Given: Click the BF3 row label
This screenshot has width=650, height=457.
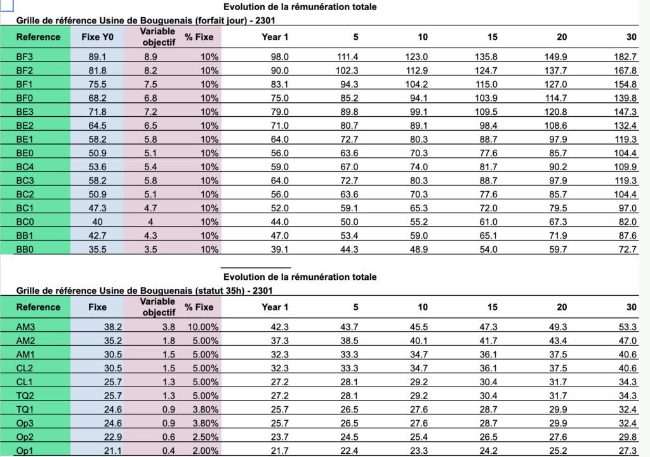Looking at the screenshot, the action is [25, 57].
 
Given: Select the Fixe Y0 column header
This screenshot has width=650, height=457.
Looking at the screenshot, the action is [97, 37].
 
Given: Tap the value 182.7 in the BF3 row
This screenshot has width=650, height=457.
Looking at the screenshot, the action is [625, 57].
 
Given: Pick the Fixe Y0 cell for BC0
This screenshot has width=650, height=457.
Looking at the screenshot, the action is [97, 222].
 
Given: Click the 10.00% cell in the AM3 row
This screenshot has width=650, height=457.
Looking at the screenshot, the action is [203, 327].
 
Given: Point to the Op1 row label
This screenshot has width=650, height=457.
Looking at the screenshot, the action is [25, 451].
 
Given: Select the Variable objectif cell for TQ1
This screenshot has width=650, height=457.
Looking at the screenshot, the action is [169, 409].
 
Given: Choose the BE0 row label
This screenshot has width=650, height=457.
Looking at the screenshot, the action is [25, 153].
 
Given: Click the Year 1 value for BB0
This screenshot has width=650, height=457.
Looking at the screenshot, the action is [280, 249].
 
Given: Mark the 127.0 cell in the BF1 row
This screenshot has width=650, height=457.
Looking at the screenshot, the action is [555, 84].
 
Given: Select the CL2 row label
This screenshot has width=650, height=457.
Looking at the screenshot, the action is [25, 368].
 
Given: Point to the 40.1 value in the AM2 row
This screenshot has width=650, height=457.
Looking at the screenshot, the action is [419, 340].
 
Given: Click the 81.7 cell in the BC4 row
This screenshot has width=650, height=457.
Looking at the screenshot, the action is [488, 167].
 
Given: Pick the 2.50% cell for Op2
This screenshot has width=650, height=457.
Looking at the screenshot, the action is [205, 437].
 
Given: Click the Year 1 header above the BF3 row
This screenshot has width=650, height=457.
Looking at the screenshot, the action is [275, 37].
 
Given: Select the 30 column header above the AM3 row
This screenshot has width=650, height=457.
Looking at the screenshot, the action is [632, 307].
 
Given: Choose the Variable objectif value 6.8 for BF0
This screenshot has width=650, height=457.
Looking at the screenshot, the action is [150, 98].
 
